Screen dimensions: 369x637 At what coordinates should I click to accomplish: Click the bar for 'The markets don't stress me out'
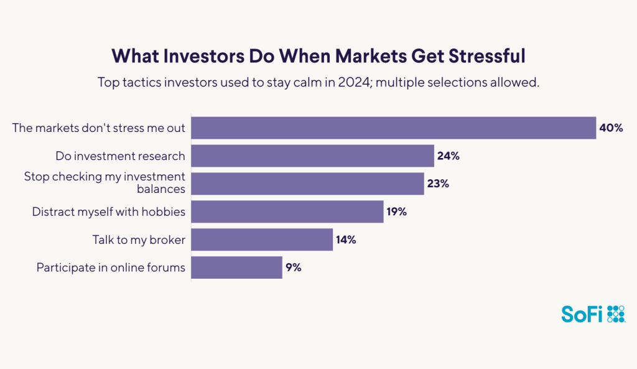point(393,128)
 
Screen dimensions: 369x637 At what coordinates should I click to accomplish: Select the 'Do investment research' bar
point(312,156)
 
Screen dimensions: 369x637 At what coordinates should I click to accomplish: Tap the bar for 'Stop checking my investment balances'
point(307,184)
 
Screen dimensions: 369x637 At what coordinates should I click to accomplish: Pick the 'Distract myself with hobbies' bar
point(287,212)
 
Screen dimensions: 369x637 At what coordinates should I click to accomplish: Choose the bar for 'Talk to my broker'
point(262,240)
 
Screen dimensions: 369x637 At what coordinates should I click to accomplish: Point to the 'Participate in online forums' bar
point(236,268)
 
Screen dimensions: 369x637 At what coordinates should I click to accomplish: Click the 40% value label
point(611,128)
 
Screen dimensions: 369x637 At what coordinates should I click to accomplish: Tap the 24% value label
point(448,156)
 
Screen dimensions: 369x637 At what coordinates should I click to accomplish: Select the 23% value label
point(438,184)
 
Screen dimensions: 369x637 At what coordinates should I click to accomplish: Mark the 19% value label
point(396,212)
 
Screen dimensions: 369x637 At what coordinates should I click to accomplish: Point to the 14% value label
point(345,240)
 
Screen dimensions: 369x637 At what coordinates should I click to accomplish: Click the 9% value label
point(294,268)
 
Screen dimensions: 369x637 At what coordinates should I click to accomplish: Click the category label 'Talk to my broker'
point(139,240)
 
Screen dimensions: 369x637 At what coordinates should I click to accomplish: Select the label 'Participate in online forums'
point(111,268)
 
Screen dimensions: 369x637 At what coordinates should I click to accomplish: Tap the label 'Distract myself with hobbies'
point(109,212)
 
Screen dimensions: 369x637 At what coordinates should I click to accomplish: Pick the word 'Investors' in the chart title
point(197,56)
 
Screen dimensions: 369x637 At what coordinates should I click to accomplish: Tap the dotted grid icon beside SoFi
point(615,315)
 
